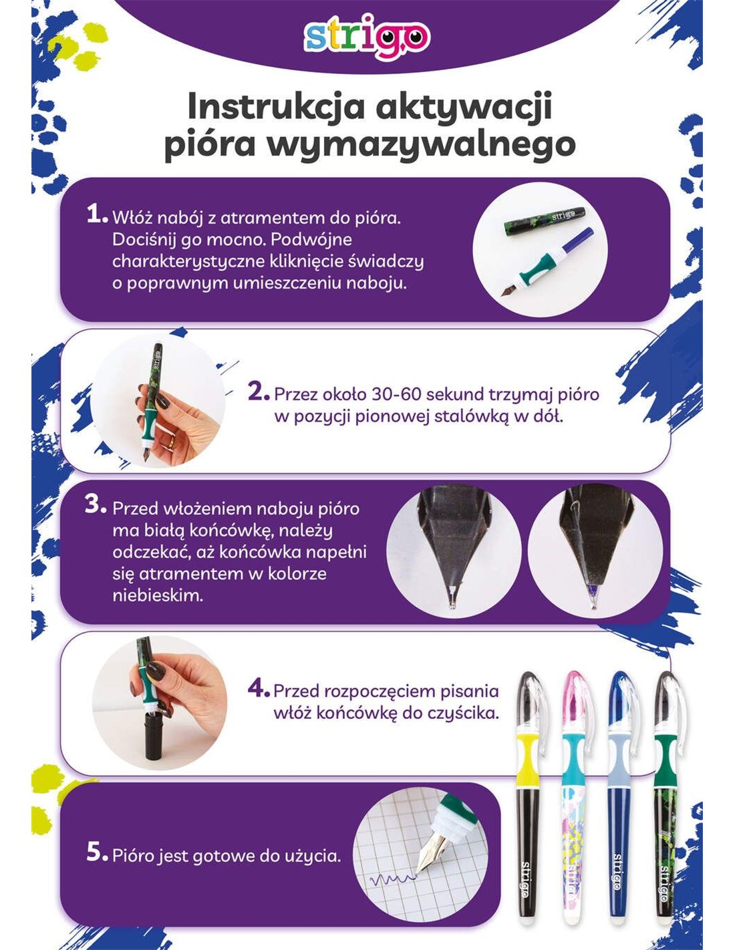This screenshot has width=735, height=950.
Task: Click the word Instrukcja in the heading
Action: pos(275,108)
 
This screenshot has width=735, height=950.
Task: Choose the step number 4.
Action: pos(258,689)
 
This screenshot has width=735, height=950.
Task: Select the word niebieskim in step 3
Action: pos(158,595)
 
